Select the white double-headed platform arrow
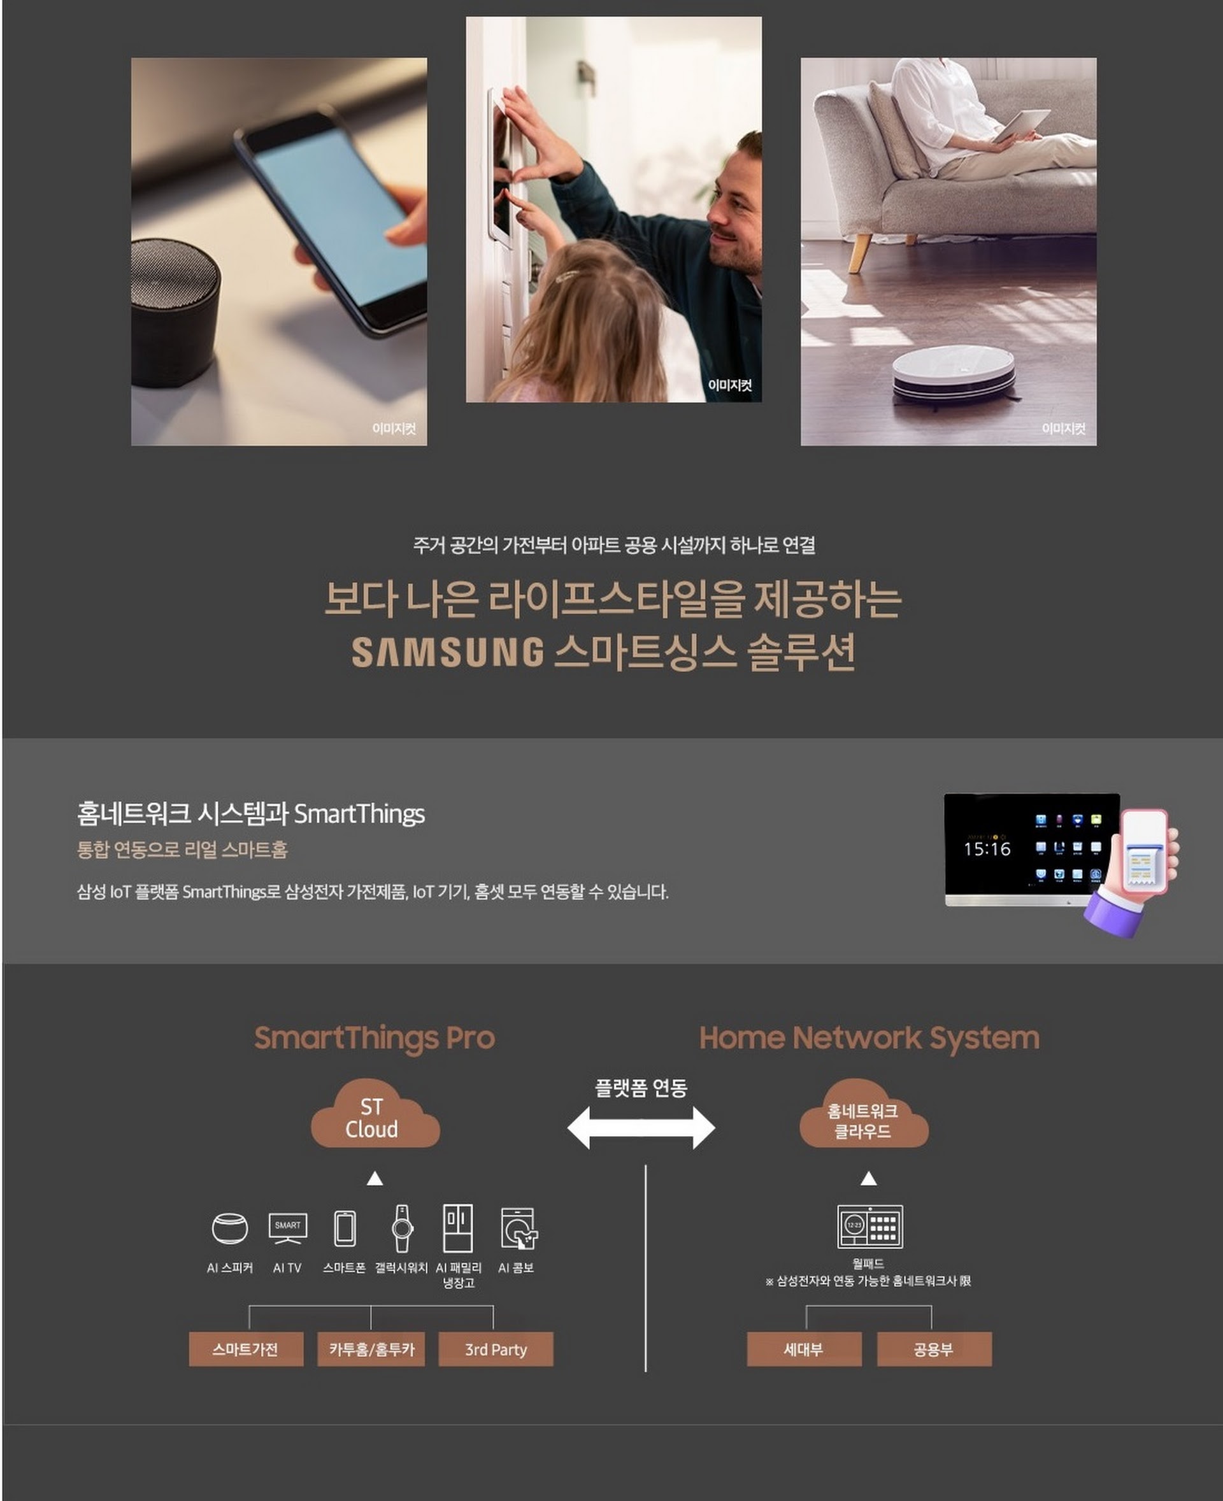pyautogui.click(x=640, y=1127)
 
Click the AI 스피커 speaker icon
pyautogui.click(x=230, y=1229)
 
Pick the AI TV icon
pyautogui.click(x=287, y=1228)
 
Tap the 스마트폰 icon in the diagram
pyautogui.click(x=345, y=1228)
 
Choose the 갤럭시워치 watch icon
pyautogui.click(x=401, y=1228)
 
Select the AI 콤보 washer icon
pyautogui.click(x=519, y=1229)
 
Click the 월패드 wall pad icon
pyautogui.click(x=869, y=1227)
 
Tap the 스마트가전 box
pyautogui.click(x=246, y=1349)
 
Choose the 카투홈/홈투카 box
pyautogui.click(x=371, y=1349)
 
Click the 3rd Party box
pyautogui.click(x=496, y=1349)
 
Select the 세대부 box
pyautogui.click(x=804, y=1349)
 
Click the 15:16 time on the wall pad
pyautogui.click(x=986, y=849)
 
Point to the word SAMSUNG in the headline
pyautogui.click(x=448, y=652)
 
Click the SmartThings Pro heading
pyautogui.click(x=374, y=1037)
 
